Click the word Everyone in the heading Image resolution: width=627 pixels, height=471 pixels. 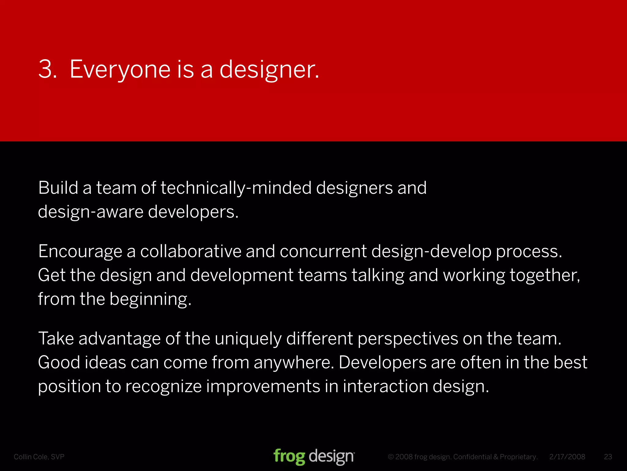click(120, 69)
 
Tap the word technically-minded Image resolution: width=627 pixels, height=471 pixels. click(236, 188)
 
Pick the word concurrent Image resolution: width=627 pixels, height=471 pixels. click(323, 251)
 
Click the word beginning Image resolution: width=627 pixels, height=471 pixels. click(150, 299)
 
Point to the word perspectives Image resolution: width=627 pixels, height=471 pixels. click(408, 339)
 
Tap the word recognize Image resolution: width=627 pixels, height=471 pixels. click(163, 386)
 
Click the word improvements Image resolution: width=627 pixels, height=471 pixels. click(263, 386)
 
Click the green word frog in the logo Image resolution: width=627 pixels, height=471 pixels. click(289, 457)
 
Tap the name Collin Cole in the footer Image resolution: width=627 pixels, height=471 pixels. click(31, 457)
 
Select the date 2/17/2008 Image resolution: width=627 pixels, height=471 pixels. click(567, 457)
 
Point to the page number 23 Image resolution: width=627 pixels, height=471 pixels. click(608, 457)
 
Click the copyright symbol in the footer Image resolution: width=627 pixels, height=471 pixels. click(391, 457)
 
